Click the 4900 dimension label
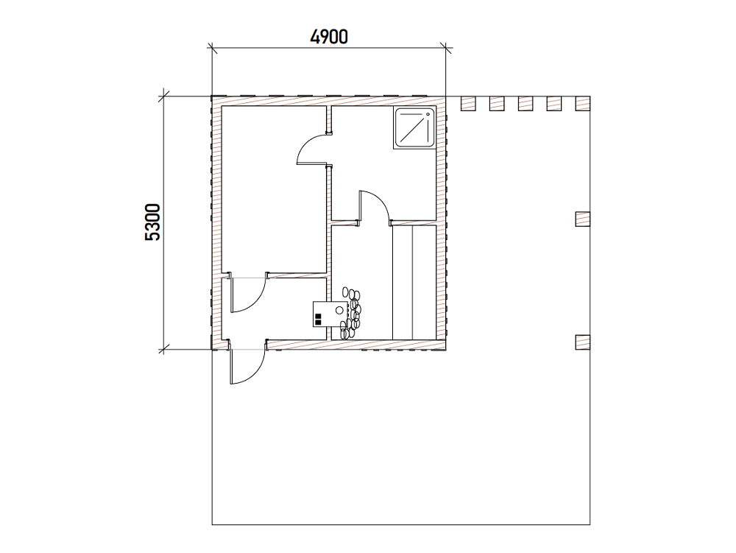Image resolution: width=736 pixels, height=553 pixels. (x=329, y=37)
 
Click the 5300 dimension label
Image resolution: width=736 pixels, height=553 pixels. (x=153, y=222)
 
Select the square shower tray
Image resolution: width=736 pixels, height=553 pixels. (x=414, y=128)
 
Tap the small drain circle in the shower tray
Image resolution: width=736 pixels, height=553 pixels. (x=428, y=114)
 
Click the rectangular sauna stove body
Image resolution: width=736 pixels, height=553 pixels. (x=330, y=314)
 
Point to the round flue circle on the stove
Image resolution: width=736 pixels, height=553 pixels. (x=339, y=310)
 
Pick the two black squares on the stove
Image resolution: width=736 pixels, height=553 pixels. (x=318, y=319)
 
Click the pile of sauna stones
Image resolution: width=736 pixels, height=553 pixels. (x=352, y=313)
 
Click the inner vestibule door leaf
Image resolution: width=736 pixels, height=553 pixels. (x=249, y=295)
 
